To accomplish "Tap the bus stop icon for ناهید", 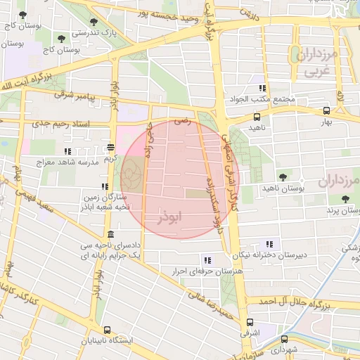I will pos(257,117).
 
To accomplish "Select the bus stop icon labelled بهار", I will pos(326,111).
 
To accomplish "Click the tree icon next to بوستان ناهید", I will pos(283,177).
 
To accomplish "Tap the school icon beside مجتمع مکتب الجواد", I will pos(262,89).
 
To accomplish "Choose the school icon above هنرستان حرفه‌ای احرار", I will pos(206,259).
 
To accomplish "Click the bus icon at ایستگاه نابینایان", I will pos(107,330).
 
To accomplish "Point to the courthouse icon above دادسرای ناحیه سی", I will pos(110,235).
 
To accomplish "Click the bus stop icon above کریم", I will pos(110,148).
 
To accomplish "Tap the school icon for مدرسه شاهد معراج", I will pos(67,151).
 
